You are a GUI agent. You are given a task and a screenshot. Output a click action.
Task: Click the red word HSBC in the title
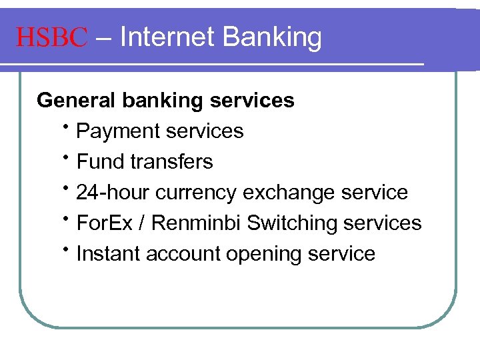[x=51, y=37]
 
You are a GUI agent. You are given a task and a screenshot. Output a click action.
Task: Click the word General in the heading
[x=76, y=100]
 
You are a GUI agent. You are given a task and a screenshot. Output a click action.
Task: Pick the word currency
[x=197, y=193]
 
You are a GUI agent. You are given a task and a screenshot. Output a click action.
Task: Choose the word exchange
[x=289, y=193]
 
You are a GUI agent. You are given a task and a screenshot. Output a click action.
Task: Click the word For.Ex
[x=105, y=223]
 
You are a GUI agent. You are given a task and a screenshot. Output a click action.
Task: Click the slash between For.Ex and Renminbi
[x=142, y=223]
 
